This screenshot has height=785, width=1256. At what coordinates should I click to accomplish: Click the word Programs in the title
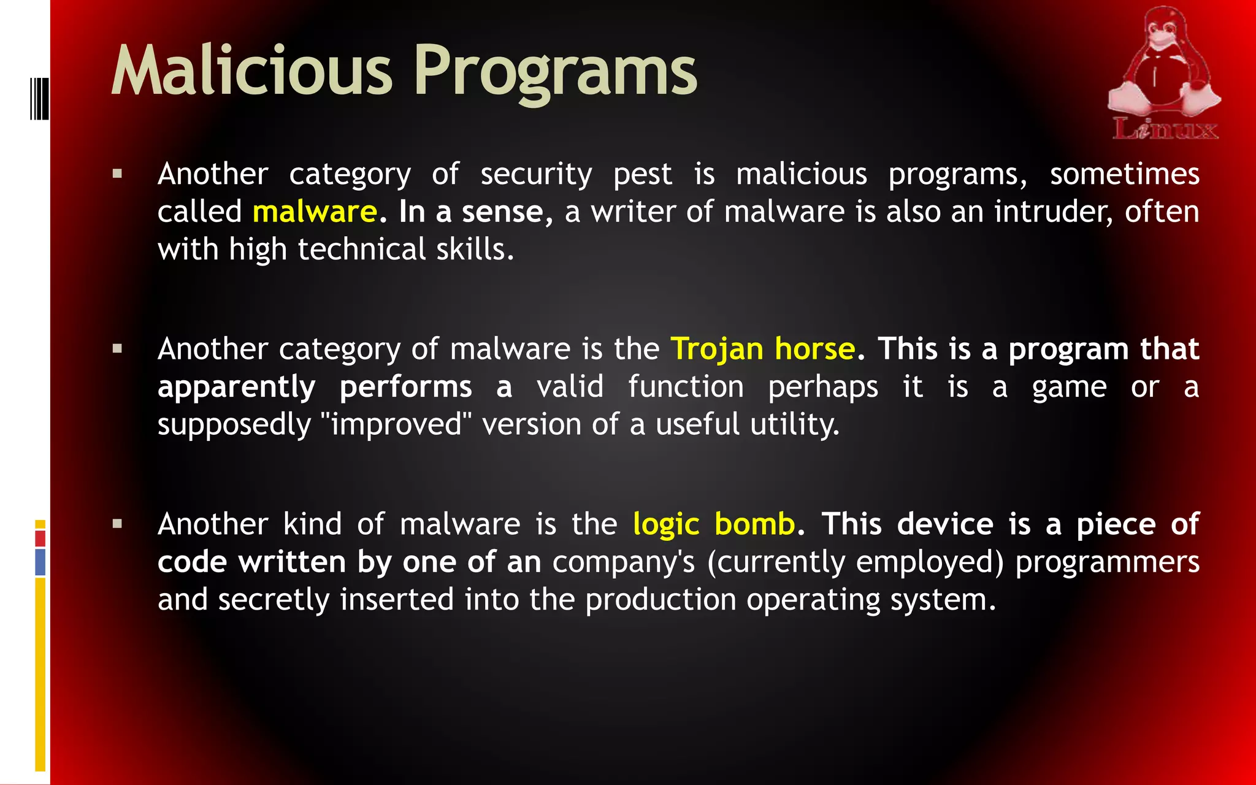point(556,72)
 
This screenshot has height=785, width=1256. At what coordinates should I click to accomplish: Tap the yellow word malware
point(315,212)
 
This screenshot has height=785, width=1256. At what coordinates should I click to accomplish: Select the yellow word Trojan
point(717,350)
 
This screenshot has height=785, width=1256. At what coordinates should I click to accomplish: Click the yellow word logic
point(666,525)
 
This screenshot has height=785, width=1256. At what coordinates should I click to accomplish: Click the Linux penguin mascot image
point(1162,64)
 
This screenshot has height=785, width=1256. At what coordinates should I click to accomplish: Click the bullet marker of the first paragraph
point(117,174)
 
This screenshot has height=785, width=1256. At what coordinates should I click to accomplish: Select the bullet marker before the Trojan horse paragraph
point(117,349)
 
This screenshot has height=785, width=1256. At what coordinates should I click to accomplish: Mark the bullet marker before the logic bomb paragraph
point(117,524)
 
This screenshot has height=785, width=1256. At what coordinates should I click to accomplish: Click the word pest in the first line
point(643,175)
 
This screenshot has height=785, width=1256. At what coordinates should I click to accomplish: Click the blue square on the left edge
point(40,562)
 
